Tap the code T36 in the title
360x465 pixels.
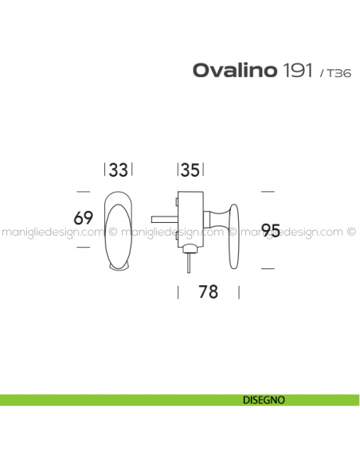click(334, 72)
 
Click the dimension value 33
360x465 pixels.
click(118, 170)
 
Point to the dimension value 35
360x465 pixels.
click(190, 170)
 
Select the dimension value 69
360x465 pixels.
click(84, 217)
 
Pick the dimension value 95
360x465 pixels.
click(272, 231)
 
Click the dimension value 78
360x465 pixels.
click(207, 292)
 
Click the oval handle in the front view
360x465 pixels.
click(119, 230)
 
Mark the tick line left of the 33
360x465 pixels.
click(105, 170)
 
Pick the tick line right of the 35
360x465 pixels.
click(204, 170)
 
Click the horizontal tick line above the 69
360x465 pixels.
click(83, 192)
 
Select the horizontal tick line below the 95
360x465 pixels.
click(268, 269)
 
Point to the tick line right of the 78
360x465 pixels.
click(238, 291)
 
